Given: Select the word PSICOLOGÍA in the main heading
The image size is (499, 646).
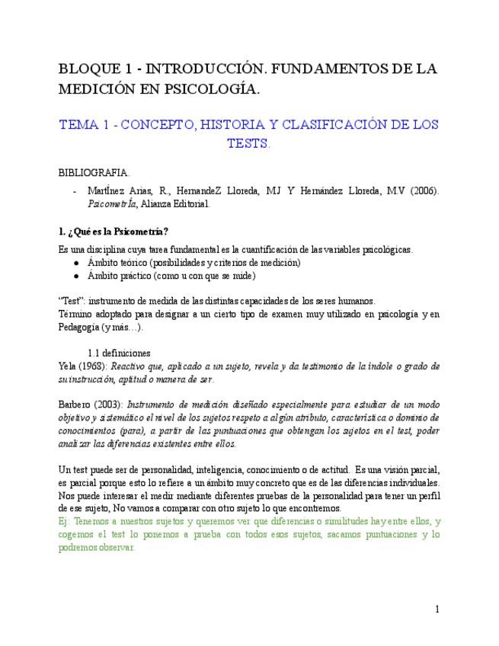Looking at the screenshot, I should (215, 90).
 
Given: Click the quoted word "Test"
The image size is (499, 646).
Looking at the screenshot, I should (71, 300).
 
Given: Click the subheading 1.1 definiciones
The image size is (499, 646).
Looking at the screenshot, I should (124, 353).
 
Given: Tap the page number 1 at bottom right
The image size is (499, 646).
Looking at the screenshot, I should (437, 609).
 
